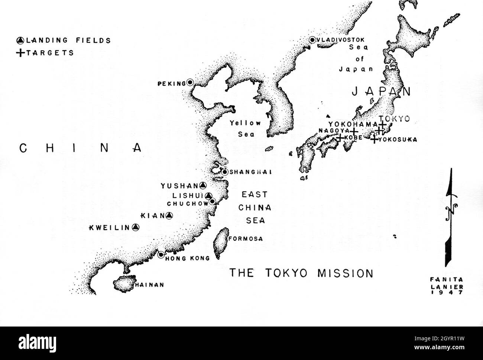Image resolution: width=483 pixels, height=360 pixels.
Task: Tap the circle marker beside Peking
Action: pos(190,83)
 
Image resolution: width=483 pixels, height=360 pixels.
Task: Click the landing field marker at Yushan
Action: pos(202,185)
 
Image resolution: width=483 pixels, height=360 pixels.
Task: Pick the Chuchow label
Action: pos(187,203)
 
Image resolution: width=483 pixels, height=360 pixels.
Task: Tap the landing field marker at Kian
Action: pos(169,215)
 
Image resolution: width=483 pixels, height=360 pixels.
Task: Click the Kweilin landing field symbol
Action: pos(136,227)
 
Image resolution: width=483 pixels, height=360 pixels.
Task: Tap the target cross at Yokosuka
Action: pos(375,139)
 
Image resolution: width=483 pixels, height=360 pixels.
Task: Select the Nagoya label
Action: pos(334,131)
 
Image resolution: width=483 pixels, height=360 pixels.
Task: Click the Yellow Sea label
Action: pos(245,128)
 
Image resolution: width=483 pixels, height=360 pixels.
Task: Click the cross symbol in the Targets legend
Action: pos(20,53)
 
